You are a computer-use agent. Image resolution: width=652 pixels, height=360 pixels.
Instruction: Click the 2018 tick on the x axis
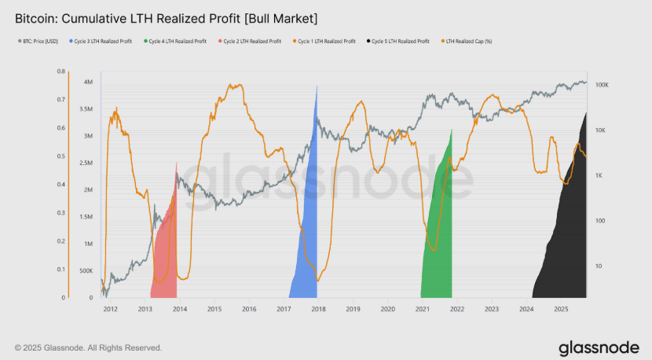tap(318, 310)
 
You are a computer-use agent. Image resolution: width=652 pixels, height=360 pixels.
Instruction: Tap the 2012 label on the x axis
tap(110, 310)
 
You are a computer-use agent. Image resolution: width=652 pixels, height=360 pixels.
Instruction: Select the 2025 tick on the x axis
tap(560, 310)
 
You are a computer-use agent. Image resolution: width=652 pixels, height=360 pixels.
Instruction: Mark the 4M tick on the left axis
tap(89, 82)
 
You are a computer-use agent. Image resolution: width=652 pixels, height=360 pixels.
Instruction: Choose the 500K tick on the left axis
tap(87, 270)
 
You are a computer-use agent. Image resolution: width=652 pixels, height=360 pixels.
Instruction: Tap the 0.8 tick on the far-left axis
tap(60, 72)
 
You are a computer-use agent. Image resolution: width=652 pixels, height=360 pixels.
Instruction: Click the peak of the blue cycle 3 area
tap(317, 86)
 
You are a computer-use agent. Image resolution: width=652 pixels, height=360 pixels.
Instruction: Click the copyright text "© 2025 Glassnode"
tap(88, 347)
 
